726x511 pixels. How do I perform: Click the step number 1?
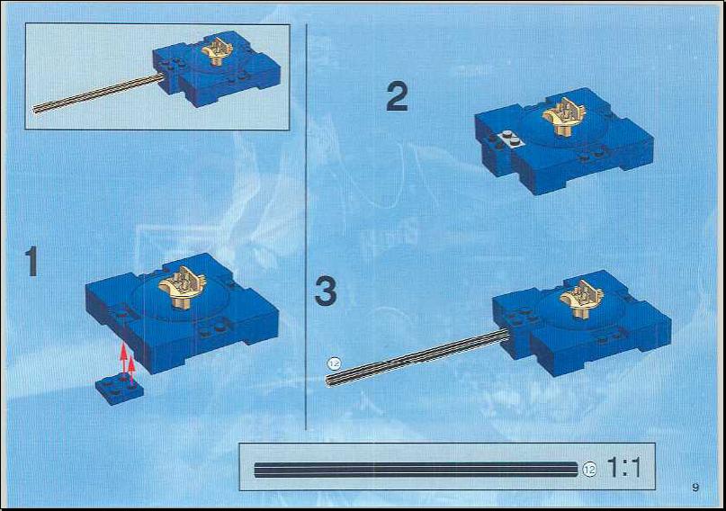31,261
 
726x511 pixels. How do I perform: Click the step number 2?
398,97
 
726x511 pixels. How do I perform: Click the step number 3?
326,291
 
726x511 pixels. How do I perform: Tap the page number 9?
695,487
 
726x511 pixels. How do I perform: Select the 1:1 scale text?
623,468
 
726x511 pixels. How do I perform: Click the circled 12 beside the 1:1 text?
589,469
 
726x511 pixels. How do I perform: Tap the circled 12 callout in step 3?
334,363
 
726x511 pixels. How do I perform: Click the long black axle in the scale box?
416,470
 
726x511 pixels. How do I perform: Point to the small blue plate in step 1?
120,390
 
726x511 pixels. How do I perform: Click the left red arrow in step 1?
123,358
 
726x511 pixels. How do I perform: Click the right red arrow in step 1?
132,370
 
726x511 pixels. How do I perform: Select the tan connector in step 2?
565,116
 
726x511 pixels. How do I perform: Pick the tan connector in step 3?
581,299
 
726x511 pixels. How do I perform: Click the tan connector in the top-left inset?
217,51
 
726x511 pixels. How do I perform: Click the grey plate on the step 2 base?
509,139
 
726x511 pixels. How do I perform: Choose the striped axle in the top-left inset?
98,93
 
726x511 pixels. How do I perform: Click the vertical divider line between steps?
306,227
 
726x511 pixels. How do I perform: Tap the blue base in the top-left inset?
217,68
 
